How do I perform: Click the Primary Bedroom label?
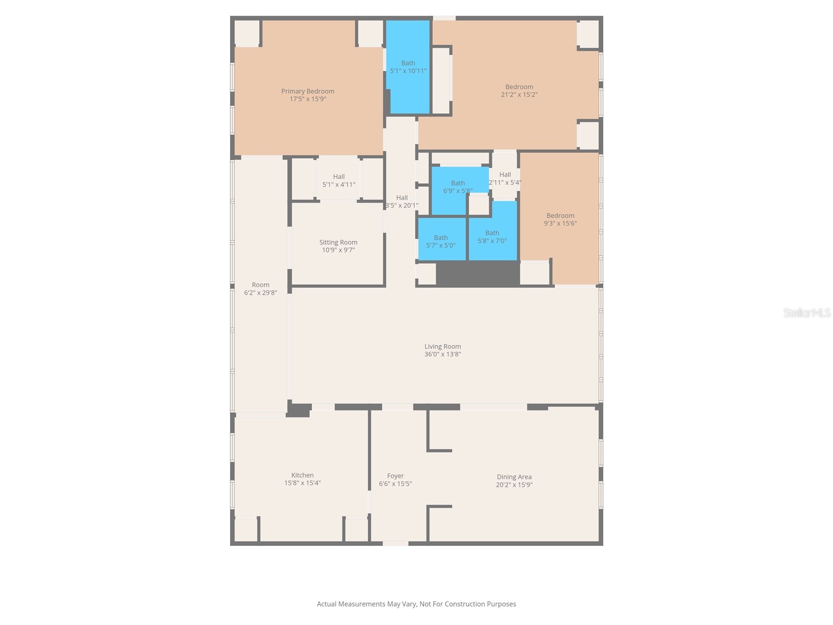click(308, 91)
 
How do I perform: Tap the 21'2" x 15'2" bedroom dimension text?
click(519, 95)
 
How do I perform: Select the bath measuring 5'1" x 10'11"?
click(408, 67)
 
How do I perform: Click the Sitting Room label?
click(338, 242)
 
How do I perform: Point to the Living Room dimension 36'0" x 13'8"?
click(443, 354)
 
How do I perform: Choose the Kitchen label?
click(302, 475)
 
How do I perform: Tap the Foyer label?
click(395, 476)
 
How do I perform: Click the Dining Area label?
click(514, 477)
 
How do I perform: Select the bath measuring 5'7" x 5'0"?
click(441, 241)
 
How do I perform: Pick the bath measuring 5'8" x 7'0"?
click(492, 236)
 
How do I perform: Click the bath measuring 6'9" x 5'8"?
click(458, 186)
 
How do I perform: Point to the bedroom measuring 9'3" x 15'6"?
click(560, 219)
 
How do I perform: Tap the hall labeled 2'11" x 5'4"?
click(505, 179)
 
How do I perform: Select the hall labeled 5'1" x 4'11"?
click(339, 180)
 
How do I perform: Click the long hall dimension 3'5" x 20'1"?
click(401, 205)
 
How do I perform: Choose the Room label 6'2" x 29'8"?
click(260, 289)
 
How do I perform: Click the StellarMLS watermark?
click(807, 312)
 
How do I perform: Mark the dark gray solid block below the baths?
click(477, 273)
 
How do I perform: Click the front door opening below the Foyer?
click(396, 543)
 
